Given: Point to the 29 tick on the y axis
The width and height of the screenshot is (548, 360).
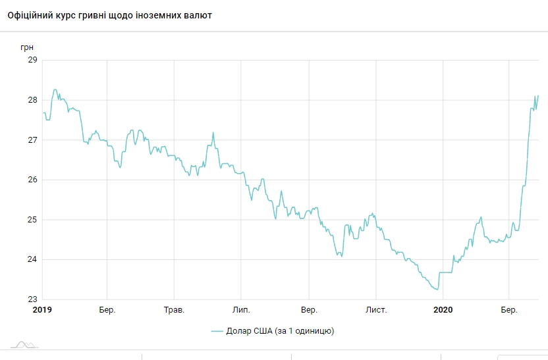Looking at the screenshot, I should (x=32, y=61).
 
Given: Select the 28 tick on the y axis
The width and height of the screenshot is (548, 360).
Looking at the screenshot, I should (x=32, y=100).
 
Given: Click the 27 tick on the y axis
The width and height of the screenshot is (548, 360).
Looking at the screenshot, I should (x=32, y=140).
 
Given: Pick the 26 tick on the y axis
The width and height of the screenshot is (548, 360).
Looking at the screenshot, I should (x=32, y=180).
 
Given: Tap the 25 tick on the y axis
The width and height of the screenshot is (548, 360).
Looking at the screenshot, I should (x=32, y=220).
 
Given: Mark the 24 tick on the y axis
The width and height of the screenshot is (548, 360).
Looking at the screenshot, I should (x=32, y=260).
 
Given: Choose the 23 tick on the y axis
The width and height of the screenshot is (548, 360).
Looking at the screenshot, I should (x=32, y=299).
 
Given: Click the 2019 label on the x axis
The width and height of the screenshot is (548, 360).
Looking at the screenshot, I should (x=42, y=309).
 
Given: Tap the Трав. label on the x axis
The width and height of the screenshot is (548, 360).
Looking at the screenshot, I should (x=174, y=309).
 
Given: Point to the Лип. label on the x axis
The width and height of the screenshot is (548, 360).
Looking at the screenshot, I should (x=241, y=309).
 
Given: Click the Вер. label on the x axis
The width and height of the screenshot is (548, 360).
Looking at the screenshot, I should (x=308, y=309).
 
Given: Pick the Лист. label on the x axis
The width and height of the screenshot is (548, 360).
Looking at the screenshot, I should (x=376, y=309).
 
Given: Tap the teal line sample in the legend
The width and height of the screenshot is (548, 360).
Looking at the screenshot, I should (x=219, y=331).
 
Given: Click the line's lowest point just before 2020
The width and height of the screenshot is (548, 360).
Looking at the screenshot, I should (x=437, y=289).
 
